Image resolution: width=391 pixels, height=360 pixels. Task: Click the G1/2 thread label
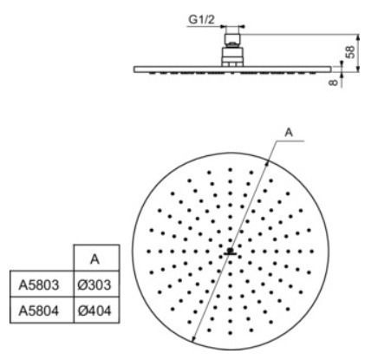pyautogui.click(x=201, y=20)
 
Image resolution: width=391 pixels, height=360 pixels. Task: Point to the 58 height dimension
pyautogui.click(x=350, y=52)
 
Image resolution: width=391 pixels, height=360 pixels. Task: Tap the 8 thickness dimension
pyautogui.click(x=333, y=82)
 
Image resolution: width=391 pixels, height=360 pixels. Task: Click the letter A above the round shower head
pyautogui.click(x=289, y=133)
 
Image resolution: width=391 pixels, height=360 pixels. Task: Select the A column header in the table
pyautogui.click(x=94, y=259)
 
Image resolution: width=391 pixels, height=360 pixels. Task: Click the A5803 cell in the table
pyautogui.click(x=38, y=285)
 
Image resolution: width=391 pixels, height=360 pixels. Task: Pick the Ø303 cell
pyautogui.click(x=94, y=285)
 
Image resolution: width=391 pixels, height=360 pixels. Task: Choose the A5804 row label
pyautogui.click(x=38, y=311)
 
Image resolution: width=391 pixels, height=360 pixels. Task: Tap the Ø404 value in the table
pyautogui.click(x=94, y=311)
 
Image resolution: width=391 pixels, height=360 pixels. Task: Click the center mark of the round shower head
pyautogui.click(x=230, y=252)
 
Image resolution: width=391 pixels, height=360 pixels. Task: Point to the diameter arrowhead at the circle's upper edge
pyautogui.click(x=267, y=163)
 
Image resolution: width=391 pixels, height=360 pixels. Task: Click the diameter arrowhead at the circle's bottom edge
pyautogui.click(x=194, y=338)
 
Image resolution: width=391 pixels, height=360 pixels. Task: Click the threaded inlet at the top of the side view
pyautogui.click(x=232, y=37)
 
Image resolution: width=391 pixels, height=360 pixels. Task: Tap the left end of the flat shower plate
pyautogui.click(x=134, y=69)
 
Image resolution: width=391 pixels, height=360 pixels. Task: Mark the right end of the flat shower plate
pyautogui.click(x=330, y=69)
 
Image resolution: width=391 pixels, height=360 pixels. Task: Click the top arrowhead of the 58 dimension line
pyautogui.click(x=358, y=37)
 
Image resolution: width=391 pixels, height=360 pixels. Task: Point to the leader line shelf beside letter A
pyautogui.click(x=290, y=141)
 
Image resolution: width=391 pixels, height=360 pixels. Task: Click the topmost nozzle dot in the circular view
pyautogui.click(x=231, y=170)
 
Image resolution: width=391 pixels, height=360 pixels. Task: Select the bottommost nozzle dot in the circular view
pyautogui.click(x=231, y=333)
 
